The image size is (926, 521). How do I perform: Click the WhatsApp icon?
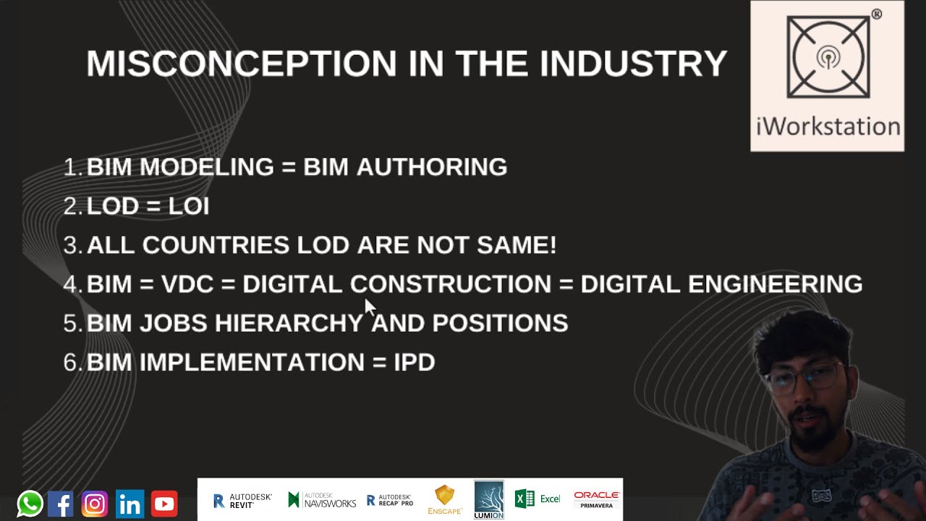pos(30,504)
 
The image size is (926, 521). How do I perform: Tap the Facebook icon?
pos(61,504)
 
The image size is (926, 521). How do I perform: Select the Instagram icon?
pos(95,504)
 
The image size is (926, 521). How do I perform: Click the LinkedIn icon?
pos(130,504)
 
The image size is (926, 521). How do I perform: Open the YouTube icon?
pos(164,504)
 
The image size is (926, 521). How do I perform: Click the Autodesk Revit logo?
pos(242,500)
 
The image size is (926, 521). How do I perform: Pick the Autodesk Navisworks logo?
pos(322,500)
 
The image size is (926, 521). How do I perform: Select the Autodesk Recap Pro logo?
pos(390,500)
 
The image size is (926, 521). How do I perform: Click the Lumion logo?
pos(489,500)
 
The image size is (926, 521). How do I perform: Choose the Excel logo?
pos(538,499)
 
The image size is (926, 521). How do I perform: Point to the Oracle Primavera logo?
pos(597,499)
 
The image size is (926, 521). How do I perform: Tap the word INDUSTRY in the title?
pos(633,64)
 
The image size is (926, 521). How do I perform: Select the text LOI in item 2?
pos(189,206)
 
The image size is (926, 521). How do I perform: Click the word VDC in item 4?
pos(187,284)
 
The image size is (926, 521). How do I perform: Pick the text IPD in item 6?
pos(415,363)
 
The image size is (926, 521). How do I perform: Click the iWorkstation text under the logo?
pos(828,127)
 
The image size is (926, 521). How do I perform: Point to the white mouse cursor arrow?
pos(370,307)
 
